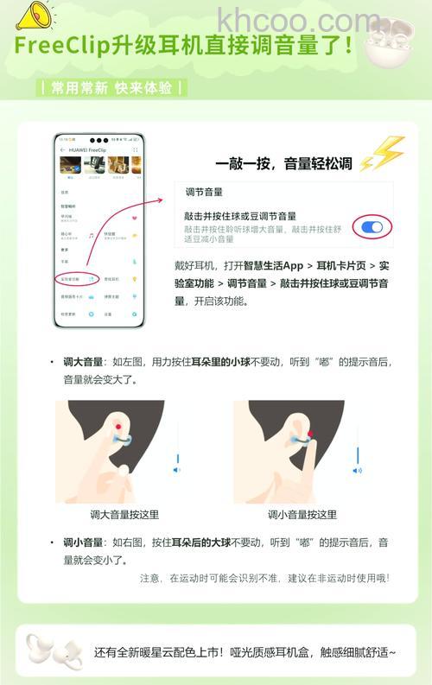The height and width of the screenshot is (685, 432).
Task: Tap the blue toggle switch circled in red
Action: click(x=372, y=226)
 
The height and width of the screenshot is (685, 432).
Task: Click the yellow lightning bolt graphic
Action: click(x=383, y=155)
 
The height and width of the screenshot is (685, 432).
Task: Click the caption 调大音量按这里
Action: click(x=124, y=515)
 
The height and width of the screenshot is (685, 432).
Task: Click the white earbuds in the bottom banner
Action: click(x=51, y=652)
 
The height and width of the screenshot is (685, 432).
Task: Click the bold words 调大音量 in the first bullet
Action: click(x=83, y=363)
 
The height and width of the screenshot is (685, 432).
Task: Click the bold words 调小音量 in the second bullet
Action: click(x=83, y=542)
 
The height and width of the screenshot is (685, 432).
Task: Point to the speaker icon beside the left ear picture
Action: click(x=177, y=470)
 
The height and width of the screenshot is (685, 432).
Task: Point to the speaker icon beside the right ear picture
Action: click(x=357, y=470)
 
